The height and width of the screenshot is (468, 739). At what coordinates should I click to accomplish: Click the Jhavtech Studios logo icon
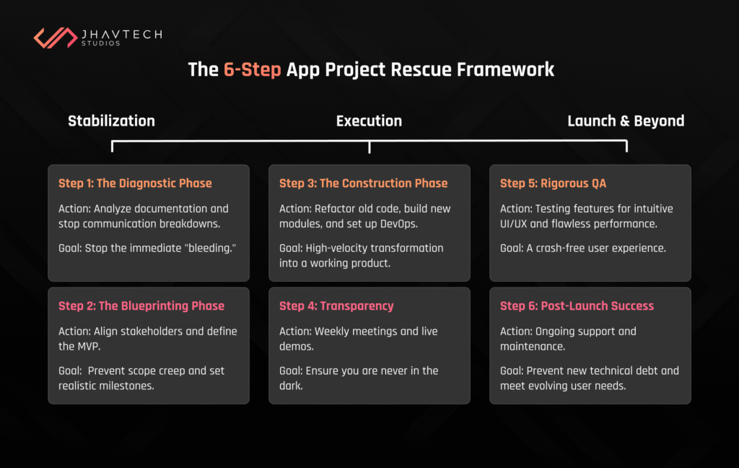click(55, 38)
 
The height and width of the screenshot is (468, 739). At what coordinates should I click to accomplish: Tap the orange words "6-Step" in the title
click(252, 70)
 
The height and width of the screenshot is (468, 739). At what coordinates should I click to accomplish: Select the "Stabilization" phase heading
click(111, 121)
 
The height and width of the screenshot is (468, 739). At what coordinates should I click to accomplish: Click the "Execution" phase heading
click(369, 121)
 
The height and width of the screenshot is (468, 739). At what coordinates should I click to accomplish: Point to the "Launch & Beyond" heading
click(626, 121)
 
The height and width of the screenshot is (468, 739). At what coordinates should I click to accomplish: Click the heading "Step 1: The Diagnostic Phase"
click(135, 183)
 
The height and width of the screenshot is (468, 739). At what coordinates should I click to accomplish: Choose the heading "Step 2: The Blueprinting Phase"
click(141, 306)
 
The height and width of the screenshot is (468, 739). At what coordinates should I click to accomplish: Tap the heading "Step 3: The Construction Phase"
click(363, 183)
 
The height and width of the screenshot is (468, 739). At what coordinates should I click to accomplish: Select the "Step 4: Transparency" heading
click(336, 306)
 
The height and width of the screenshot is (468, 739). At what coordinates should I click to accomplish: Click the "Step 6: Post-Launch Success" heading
click(577, 306)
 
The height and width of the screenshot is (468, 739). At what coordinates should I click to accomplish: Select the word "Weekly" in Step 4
click(333, 331)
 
